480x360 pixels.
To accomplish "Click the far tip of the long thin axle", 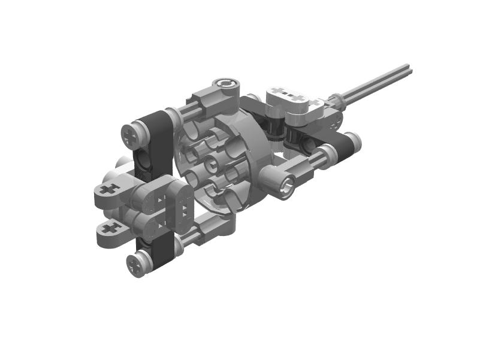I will (409, 69).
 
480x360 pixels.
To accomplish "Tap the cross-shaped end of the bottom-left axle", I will (137, 264).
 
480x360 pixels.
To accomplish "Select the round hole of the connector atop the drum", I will (227, 84).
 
